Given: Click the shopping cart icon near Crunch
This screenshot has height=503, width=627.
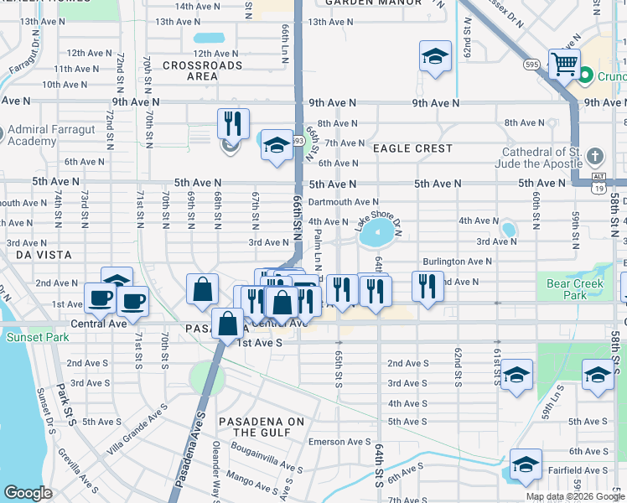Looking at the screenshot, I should point(564,63).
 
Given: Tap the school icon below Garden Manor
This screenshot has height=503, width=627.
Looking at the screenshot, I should point(435,56).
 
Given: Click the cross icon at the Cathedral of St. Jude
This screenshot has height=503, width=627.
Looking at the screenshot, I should point(594,157).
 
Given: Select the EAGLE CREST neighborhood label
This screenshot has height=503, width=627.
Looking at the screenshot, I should point(412,148).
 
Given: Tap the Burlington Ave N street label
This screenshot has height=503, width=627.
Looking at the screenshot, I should point(457,262).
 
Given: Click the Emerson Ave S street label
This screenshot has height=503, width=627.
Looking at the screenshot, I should point(339,442).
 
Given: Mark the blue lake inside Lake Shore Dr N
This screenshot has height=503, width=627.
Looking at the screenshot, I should point(378,236).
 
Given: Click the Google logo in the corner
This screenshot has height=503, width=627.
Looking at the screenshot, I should point(28,492).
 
